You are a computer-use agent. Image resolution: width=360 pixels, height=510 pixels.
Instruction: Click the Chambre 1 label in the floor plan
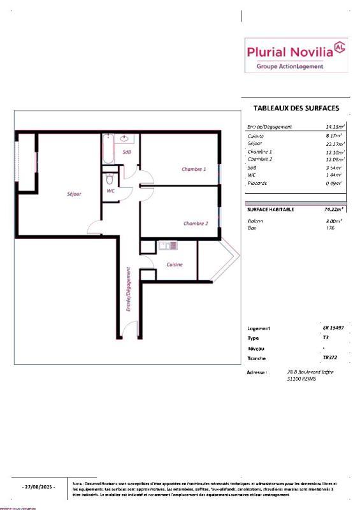[x=194, y=169]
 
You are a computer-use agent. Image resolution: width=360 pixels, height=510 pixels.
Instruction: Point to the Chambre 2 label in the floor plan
[x=196, y=223]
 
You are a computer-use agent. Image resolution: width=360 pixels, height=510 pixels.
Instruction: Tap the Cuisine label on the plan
[x=175, y=264]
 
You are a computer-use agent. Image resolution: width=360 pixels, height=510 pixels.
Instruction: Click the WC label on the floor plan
[x=110, y=191]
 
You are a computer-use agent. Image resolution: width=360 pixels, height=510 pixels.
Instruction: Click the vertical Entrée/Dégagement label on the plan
[x=128, y=288]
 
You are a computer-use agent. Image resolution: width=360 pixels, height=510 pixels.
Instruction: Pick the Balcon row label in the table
[x=254, y=221]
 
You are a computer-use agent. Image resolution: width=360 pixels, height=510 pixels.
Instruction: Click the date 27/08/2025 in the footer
[x=39, y=486]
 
